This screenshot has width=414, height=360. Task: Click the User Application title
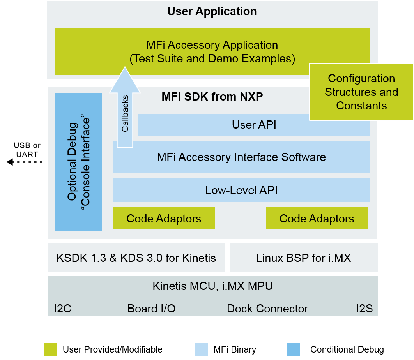click(212, 11)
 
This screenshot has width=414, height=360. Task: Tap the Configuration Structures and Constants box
click(361, 92)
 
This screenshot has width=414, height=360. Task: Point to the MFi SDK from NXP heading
click(212, 97)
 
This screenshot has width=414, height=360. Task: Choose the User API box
click(254, 125)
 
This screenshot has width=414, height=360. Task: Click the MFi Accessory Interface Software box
click(241, 157)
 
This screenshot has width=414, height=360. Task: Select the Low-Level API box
click(241, 190)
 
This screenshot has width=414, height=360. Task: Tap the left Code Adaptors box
click(164, 219)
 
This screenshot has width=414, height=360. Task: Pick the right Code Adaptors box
click(317, 219)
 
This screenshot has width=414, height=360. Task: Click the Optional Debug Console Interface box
click(78, 162)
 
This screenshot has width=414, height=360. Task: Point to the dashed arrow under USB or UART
click(24, 162)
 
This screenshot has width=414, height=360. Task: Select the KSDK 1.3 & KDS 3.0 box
click(136, 258)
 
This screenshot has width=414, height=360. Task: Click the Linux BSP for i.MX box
click(303, 258)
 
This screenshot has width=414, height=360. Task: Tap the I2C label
click(62, 309)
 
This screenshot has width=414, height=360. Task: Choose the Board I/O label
click(151, 309)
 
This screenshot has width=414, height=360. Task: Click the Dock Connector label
click(267, 309)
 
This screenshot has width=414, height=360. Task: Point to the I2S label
click(364, 309)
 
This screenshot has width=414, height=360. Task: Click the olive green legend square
click(50, 349)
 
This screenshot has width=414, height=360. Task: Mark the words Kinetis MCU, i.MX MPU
click(212, 286)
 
